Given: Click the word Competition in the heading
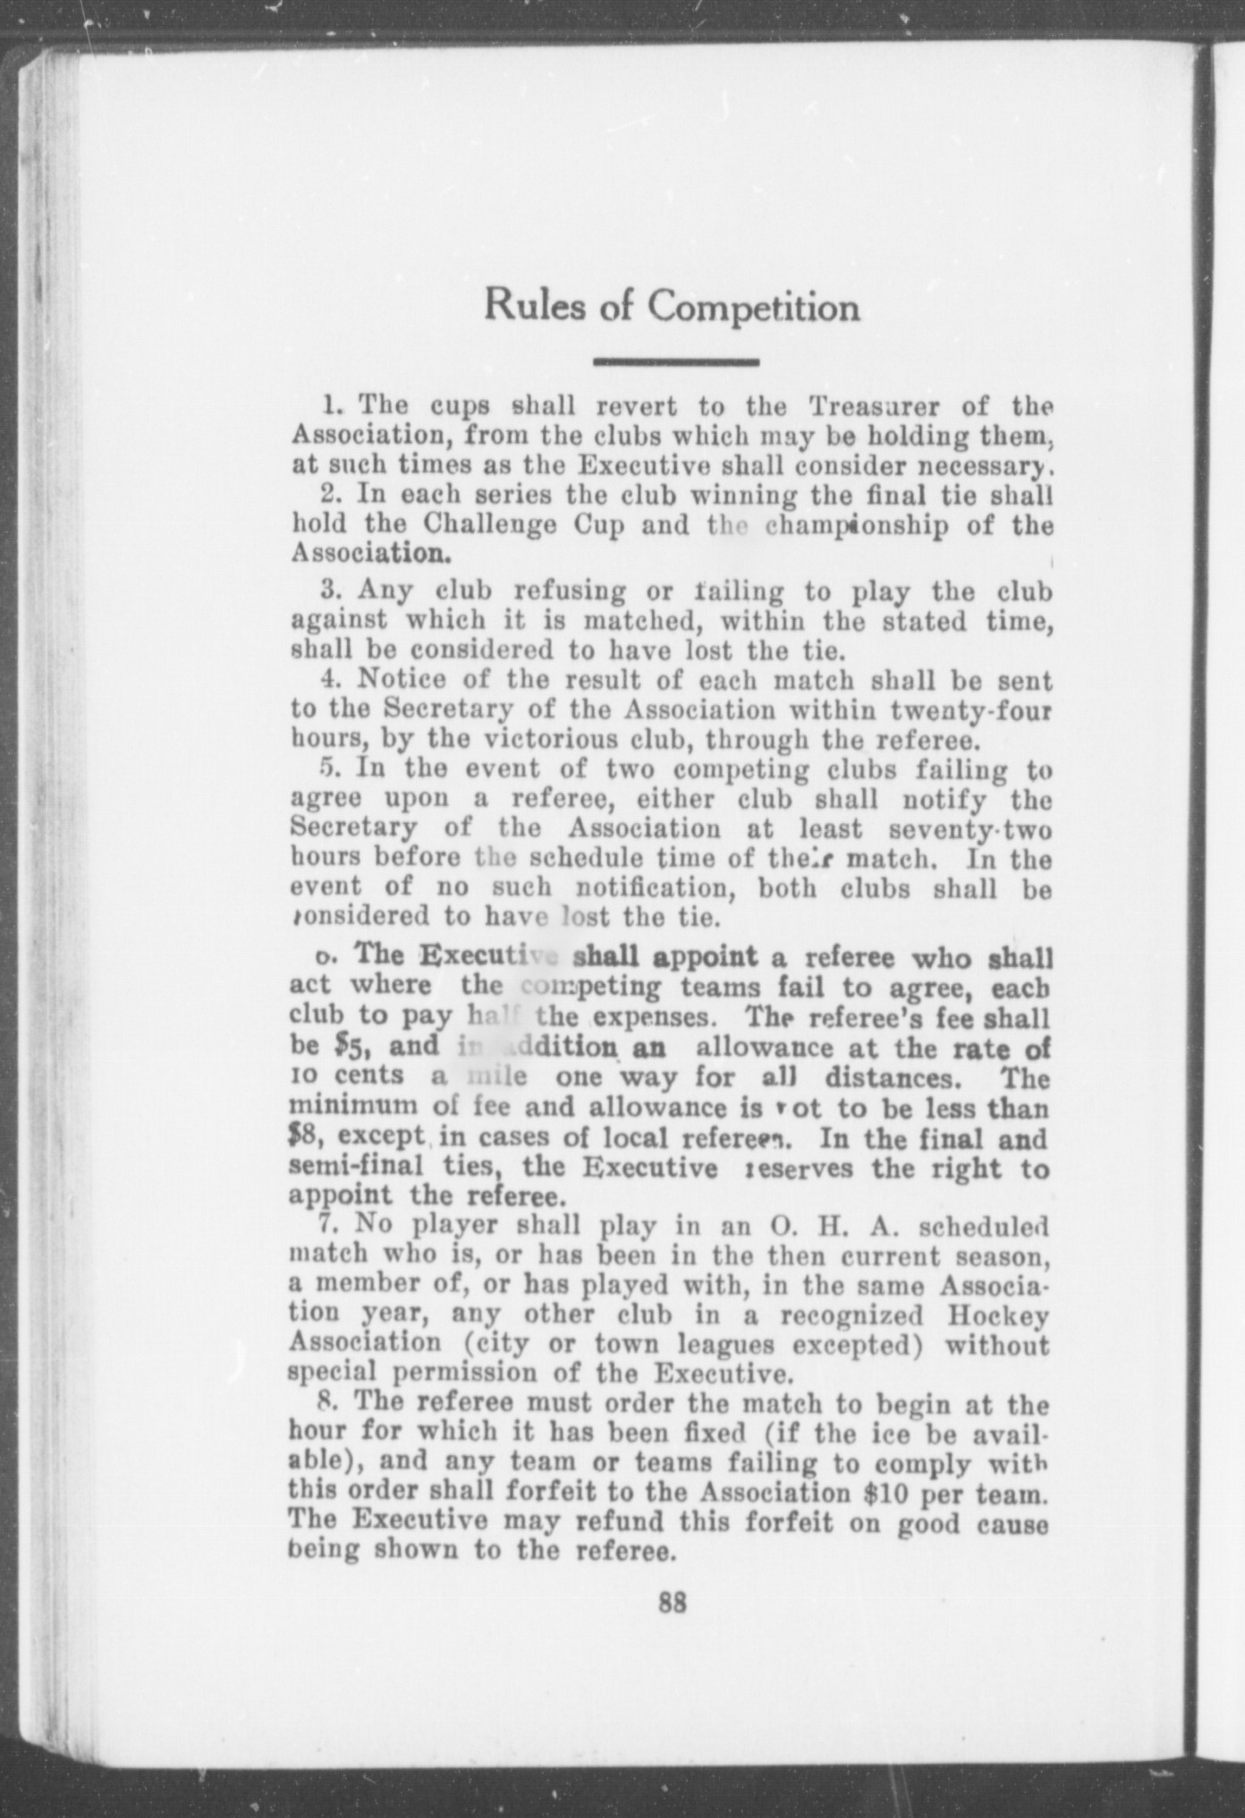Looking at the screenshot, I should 753,308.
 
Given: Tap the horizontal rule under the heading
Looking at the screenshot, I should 676,362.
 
